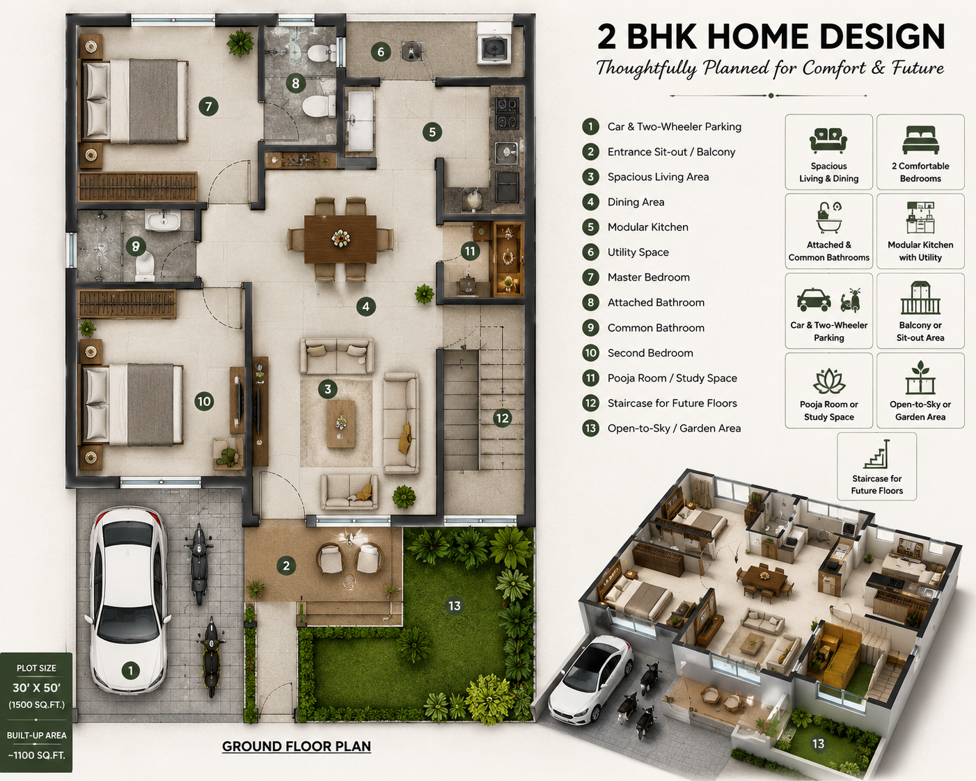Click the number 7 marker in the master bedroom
208,106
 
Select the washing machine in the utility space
494,44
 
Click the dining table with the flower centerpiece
340,239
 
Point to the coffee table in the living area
341,424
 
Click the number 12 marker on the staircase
502,417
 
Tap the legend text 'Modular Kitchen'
647,227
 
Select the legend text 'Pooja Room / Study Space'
672,378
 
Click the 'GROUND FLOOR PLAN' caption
297,746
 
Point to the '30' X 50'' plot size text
36,688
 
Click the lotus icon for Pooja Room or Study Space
829,381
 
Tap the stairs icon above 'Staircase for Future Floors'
876,454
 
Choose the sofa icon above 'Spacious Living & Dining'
828,140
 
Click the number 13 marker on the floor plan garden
454,606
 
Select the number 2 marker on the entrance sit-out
286,566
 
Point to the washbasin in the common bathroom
162,221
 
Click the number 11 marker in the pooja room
470,251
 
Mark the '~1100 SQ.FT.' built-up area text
36,756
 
